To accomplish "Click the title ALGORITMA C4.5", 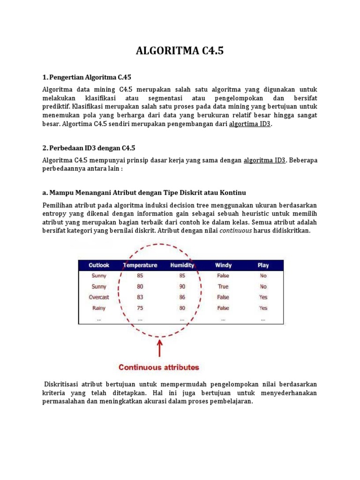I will click(x=180, y=51).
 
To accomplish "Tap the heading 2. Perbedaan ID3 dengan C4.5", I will click(x=89, y=148).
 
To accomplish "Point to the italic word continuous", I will click(x=236, y=231).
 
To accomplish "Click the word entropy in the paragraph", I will click(x=54, y=214).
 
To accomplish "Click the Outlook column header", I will click(x=99, y=265).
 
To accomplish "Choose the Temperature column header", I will click(x=140, y=265).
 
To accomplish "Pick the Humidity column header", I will click(x=182, y=265).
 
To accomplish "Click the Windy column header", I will click(x=223, y=265).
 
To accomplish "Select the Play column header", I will click(x=263, y=265).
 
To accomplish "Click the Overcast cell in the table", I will click(x=99, y=297).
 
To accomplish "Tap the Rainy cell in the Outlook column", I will click(x=99, y=308).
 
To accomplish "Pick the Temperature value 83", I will click(x=140, y=297).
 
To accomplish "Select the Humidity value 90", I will click(x=182, y=286).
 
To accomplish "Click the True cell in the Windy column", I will click(x=223, y=286).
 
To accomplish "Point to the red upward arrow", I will click(x=160, y=348).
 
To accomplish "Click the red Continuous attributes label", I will click(x=159, y=367).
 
